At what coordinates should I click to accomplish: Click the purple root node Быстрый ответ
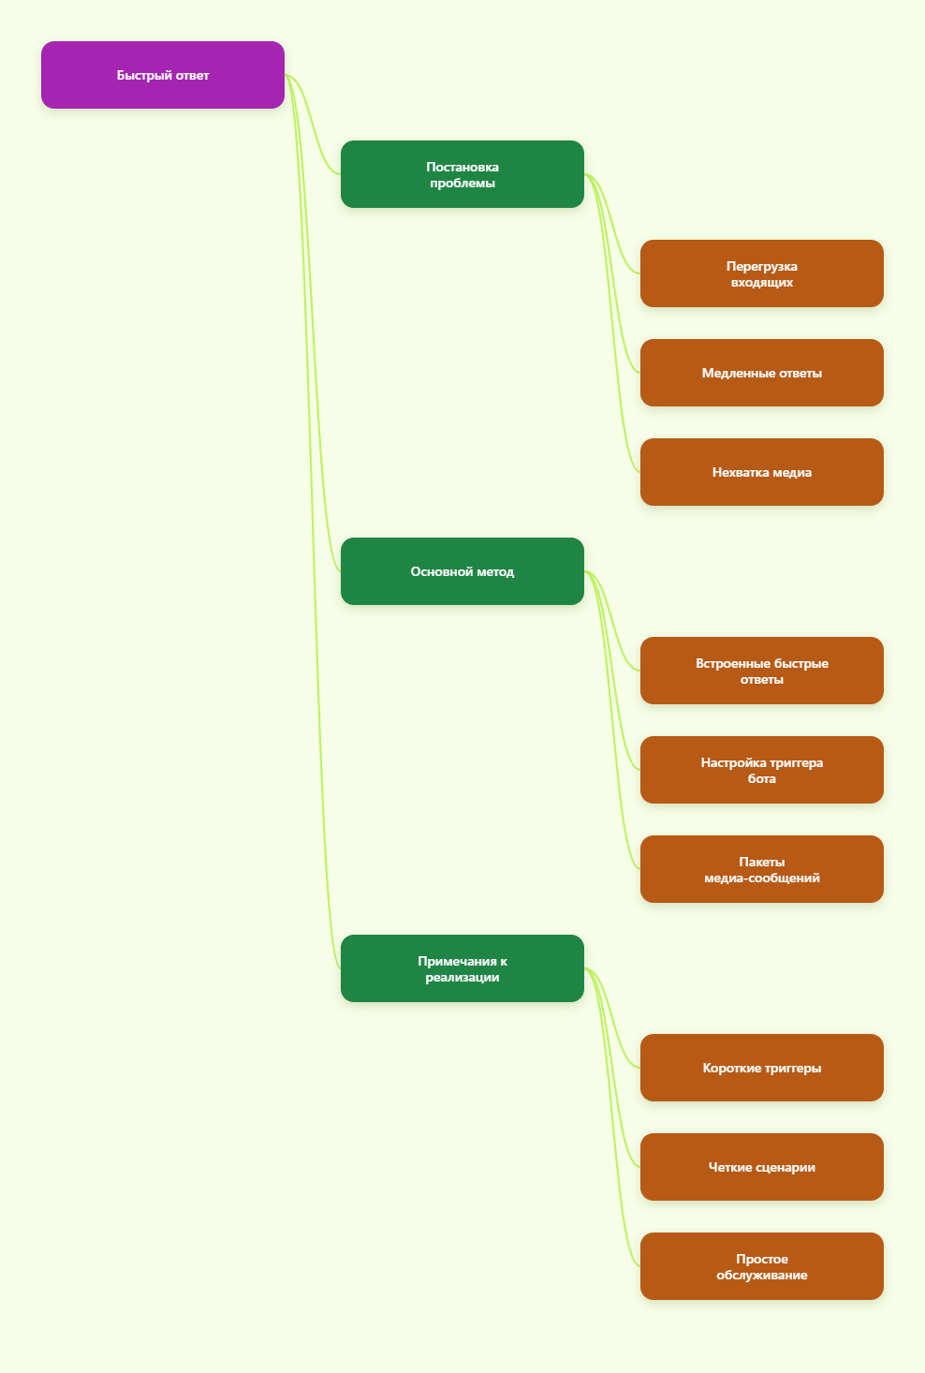coord(162,75)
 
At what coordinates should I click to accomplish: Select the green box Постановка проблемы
coord(462,174)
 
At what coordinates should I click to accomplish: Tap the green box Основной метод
coord(462,571)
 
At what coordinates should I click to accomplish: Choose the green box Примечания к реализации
coord(462,968)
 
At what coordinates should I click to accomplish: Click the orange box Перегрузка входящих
coord(761,273)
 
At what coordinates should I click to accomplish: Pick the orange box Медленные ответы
coord(761,373)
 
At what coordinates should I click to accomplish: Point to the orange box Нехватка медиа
coord(761,472)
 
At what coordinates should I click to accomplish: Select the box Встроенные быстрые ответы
coord(761,671)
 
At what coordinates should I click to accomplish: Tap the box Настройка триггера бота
coord(761,770)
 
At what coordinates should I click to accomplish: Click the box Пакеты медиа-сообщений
coord(761,869)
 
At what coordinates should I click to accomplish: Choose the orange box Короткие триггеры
coord(761,1068)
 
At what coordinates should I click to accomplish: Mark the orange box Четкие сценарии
coord(761,1167)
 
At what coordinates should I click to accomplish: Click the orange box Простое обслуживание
coord(761,1266)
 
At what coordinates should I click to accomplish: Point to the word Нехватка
coord(738,472)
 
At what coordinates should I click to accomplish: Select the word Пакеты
coord(761,862)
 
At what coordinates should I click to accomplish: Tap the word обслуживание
coord(761,1275)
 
